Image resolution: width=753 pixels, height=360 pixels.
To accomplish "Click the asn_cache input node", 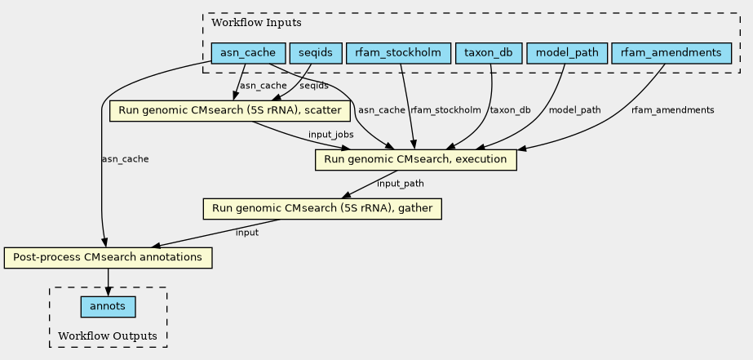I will [x=248, y=54].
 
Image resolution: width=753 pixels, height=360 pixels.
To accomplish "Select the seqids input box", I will [x=315, y=54].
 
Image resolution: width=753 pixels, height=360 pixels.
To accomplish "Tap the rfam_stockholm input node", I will [x=398, y=54].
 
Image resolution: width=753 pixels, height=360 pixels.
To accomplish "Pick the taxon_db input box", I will [x=488, y=54].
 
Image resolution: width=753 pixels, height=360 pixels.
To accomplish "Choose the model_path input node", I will [x=567, y=54].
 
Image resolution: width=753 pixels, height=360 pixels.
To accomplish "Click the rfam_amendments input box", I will [x=670, y=54].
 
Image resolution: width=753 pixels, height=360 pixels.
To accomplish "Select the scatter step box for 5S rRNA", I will [x=230, y=110].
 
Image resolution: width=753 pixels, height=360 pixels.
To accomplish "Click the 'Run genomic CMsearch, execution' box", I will [x=415, y=159].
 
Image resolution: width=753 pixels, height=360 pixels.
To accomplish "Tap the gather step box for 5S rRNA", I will [x=322, y=209].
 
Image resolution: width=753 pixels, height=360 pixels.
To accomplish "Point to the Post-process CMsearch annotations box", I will [x=108, y=258].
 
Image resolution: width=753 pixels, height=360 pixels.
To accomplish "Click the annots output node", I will [x=108, y=307].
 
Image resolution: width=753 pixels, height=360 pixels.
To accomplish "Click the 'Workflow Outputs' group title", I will [x=108, y=336].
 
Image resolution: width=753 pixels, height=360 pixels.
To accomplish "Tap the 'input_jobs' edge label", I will [x=330, y=134].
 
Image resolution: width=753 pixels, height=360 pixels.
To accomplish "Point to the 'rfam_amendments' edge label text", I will [x=672, y=110].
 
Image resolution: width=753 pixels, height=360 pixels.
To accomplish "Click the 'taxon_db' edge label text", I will [x=510, y=110].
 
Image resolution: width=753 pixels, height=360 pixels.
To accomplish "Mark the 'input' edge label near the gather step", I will [x=246, y=233].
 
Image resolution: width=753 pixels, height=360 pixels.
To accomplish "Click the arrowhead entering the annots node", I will [x=108, y=292].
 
